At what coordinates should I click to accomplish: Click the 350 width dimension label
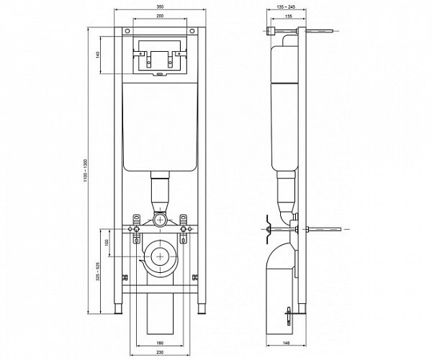pos(159,7)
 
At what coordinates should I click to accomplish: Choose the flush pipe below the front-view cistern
pos(159,194)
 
